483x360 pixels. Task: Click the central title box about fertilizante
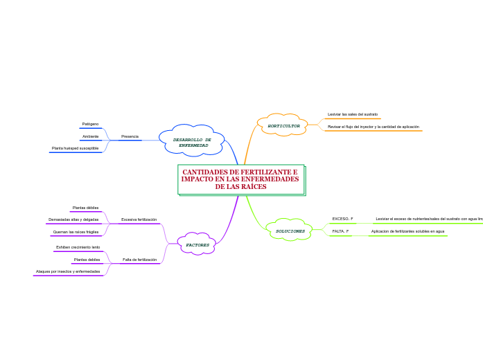click(240, 179)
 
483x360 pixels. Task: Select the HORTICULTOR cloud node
click(283, 126)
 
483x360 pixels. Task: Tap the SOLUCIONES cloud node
click(290, 231)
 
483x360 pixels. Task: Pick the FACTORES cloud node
click(197, 244)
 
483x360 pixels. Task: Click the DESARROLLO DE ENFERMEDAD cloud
click(192, 143)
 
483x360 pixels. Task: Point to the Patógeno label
click(90, 124)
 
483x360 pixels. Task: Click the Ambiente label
click(90, 136)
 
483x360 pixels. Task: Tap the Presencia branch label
click(130, 136)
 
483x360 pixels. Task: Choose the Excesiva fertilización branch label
click(139, 219)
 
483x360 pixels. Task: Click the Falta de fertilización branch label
click(139, 260)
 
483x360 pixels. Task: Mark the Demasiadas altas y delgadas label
click(73, 219)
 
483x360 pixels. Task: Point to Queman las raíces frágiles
click(76, 232)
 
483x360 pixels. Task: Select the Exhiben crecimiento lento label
click(78, 247)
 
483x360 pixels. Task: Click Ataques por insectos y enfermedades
click(68, 271)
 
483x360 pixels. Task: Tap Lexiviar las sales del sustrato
click(352, 114)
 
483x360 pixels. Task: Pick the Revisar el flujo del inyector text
click(373, 127)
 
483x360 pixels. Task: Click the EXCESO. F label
click(342, 219)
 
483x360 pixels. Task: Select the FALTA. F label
click(340, 231)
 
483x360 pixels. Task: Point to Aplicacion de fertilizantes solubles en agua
click(407, 231)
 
